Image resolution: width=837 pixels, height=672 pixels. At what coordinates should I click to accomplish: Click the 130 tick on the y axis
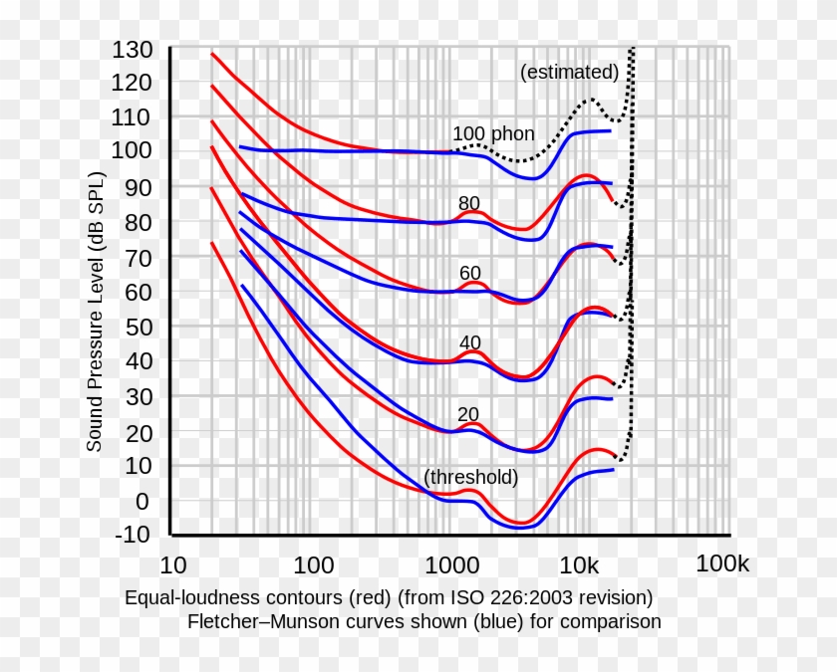(133, 50)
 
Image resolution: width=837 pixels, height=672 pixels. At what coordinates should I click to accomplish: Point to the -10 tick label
(133, 535)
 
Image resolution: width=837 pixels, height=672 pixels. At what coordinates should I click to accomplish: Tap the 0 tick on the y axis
(142, 501)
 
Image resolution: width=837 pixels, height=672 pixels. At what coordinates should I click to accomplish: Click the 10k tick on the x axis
(579, 565)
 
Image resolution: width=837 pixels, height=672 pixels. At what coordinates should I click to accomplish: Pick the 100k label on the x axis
(722, 564)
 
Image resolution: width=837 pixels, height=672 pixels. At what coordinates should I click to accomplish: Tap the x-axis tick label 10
(172, 565)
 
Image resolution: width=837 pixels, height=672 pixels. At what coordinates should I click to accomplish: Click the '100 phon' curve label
(493, 133)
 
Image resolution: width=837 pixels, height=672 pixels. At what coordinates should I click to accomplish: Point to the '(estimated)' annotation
(570, 72)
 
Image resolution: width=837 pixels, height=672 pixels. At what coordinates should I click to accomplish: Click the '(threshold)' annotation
(471, 477)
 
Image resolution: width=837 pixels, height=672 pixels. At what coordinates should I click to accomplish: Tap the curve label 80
(469, 203)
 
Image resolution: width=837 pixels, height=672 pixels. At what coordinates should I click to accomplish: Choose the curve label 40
(470, 342)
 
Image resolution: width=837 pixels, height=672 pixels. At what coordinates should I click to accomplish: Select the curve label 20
(469, 414)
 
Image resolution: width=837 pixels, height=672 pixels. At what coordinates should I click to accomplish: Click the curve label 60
(470, 273)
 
